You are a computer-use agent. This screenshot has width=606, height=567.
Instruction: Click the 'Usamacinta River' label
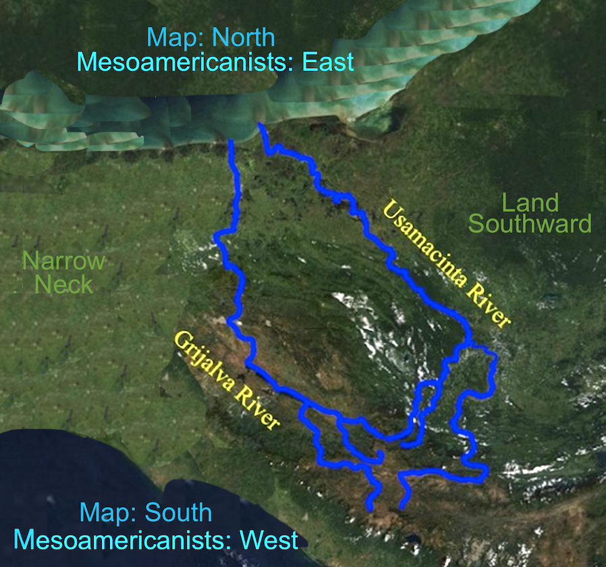pyautogui.click(x=446, y=263)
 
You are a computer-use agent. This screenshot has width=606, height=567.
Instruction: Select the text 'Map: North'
pyautogui.click(x=211, y=36)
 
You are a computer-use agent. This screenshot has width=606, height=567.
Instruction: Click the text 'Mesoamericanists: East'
pyautogui.click(x=215, y=62)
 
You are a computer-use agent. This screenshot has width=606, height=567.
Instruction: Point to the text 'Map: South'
pyautogui.click(x=146, y=512)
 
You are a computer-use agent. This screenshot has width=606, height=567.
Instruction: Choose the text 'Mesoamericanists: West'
pyautogui.click(x=156, y=540)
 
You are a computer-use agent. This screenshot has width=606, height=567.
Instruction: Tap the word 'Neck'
pyautogui.click(x=63, y=284)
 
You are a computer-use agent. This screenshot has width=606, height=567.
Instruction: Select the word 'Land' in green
pyautogui.click(x=530, y=202)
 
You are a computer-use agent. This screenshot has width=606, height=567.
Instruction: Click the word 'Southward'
pyautogui.click(x=530, y=223)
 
